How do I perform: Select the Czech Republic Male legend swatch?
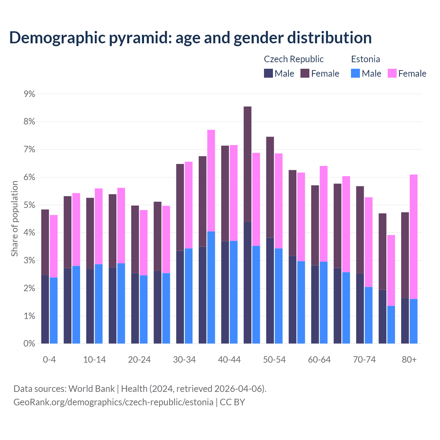click(268, 73)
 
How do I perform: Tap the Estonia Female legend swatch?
click(392, 73)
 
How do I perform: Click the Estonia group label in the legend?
click(365, 59)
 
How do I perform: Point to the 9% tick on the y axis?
click(29, 94)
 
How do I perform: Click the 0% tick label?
click(29, 343)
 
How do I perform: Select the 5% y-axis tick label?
click(29, 205)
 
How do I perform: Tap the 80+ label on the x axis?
click(409, 360)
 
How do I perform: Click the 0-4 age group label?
click(49, 360)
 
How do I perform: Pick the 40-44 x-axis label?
click(229, 360)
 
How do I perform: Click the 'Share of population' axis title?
click(14, 219)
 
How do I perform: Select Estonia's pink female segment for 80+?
click(414, 237)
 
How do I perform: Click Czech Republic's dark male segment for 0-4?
click(45, 309)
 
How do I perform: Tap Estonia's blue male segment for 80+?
click(414, 321)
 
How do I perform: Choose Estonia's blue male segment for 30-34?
click(189, 296)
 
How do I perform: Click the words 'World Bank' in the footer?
click(91, 389)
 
